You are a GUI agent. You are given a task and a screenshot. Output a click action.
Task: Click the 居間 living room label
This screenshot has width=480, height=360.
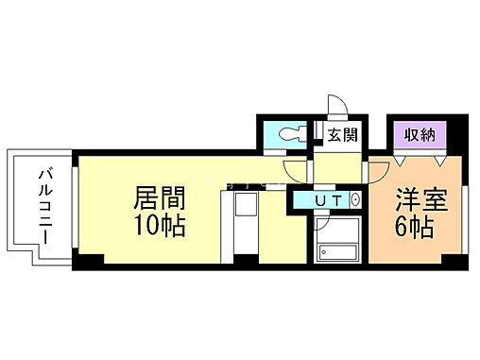click(159, 198)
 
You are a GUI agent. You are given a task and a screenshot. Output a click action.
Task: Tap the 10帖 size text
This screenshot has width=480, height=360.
click(159, 227)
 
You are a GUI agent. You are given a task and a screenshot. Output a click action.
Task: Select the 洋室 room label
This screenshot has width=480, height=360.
click(417, 200)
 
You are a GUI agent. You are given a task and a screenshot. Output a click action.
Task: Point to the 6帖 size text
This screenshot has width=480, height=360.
click(417, 228)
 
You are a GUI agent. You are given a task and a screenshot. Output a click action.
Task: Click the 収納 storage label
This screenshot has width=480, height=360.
click(417, 134)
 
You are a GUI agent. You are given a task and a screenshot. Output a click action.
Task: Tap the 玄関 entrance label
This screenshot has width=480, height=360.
click(341, 134)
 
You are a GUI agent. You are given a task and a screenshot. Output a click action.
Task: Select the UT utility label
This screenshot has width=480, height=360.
click(327, 200)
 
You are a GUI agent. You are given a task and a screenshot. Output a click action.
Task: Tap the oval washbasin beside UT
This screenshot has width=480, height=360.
click(355, 200)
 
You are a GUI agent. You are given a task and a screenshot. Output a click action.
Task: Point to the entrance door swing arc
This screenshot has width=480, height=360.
click(334, 107)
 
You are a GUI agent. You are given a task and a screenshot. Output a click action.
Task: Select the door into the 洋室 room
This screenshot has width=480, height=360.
click(377, 172)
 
